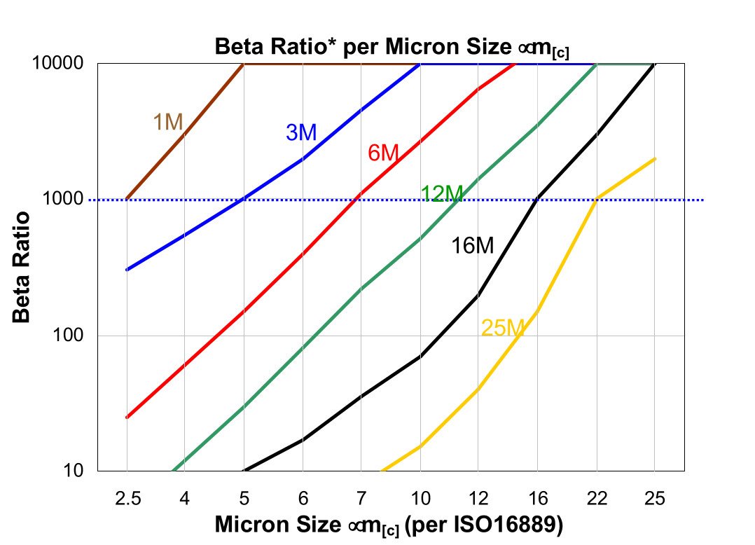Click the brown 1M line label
[x=168, y=122]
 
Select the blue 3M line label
[x=301, y=132]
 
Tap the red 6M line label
[x=383, y=153]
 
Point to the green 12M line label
[x=442, y=194]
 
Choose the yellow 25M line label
[x=503, y=327]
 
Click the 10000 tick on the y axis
[x=57, y=63]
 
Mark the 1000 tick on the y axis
[x=63, y=200]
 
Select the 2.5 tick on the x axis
[x=126, y=498]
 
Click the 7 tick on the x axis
[x=361, y=498]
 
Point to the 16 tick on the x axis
[x=537, y=498]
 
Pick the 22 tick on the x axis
[x=596, y=498]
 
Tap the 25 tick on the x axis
[x=655, y=498]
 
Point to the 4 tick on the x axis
[x=185, y=498]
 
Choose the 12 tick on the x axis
[x=478, y=498]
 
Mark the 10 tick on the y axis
[x=74, y=471]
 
